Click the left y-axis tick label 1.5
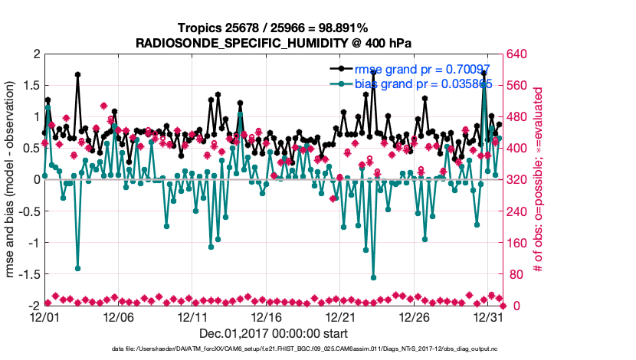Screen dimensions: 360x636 (31, 86)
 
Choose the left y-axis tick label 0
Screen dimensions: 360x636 (35, 180)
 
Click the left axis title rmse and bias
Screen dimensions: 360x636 (12, 180)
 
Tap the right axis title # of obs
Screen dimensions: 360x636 (539, 180)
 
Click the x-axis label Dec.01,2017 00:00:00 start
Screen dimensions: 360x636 (274, 333)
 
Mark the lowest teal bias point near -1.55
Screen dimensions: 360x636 (374, 277)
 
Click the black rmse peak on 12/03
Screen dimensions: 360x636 (78, 75)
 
